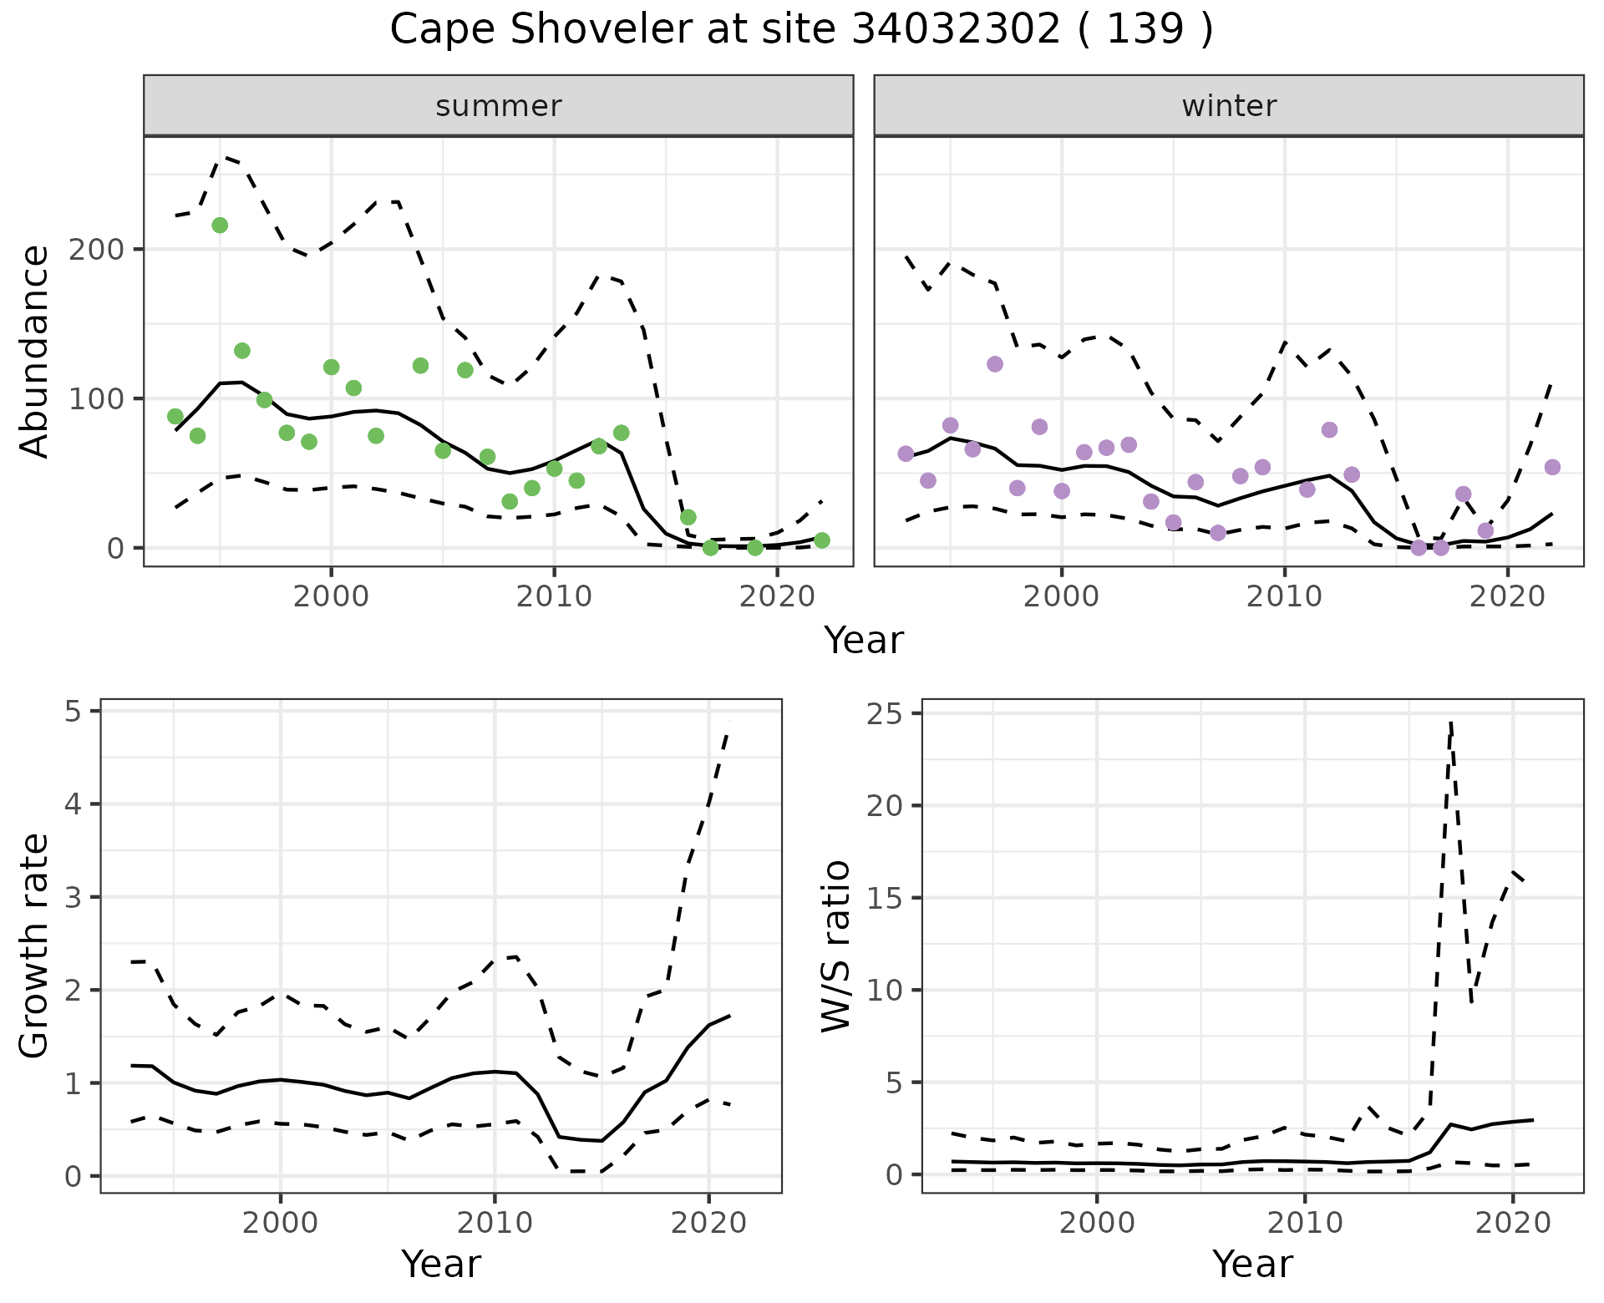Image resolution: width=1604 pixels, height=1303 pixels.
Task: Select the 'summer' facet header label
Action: (498, 106)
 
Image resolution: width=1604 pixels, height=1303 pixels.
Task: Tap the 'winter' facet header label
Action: (1228, 106)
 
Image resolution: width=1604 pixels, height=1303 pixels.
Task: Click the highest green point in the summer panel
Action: (220, 226)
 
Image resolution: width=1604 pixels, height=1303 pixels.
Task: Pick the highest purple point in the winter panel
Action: (994, 364)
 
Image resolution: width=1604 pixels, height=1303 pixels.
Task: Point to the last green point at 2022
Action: (821, 540)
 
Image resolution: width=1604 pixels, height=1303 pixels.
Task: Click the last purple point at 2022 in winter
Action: (1551, 467)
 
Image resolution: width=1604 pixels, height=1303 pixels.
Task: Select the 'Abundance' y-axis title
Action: (35, 352)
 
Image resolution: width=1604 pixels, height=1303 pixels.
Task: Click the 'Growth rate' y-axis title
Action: (35, 946)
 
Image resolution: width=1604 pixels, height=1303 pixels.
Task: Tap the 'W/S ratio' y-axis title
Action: (836, 946)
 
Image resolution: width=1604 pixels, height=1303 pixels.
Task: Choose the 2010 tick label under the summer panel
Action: (553, 597)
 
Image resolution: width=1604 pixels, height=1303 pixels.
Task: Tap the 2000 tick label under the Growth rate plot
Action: (281, 1224)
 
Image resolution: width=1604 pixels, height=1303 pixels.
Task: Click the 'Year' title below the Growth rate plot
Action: (441, 1265)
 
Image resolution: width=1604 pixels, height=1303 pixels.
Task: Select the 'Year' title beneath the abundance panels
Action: (864, 641)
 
